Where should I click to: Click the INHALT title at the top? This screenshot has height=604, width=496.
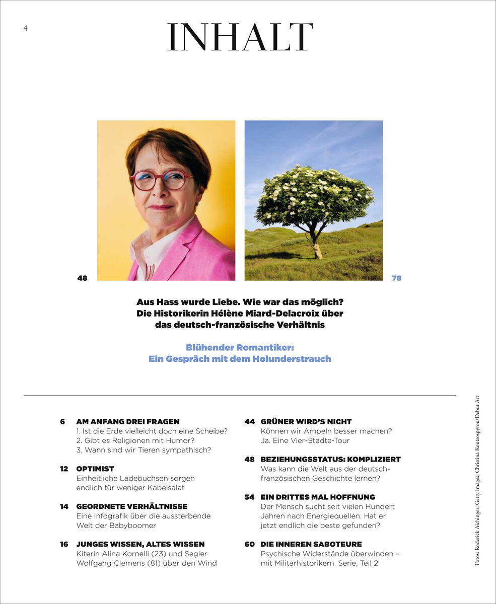pyautogui.click(x=240, y=37)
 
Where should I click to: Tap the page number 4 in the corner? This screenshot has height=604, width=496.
pyautogui.click(x=25, y=28)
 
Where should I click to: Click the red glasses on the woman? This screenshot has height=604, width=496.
pyautogui.click(x=160, y=180)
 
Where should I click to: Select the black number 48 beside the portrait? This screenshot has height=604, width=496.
pyautogui.click(x=82, y=278)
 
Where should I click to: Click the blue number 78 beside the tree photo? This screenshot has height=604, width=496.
pyautogui.click(x=397, y=278)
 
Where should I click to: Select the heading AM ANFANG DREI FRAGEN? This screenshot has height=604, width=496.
pyautogui.click(x=128, y=421)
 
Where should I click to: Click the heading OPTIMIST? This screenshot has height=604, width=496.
pyautogui.click(x=95, y=469)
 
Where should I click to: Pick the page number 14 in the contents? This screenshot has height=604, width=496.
pyautogui.click(x=64, y=506)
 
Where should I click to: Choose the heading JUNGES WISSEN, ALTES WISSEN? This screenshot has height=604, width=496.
pyautogui.click(x=140, y=544)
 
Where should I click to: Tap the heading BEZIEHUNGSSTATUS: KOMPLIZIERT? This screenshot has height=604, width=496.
pyautogui.click(x=330, y=459)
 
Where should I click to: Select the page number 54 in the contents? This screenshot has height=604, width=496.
pyautogui.click(x=249, y=497)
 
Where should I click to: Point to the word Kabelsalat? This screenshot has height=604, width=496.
pyautogui.click(x=163, y=488)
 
